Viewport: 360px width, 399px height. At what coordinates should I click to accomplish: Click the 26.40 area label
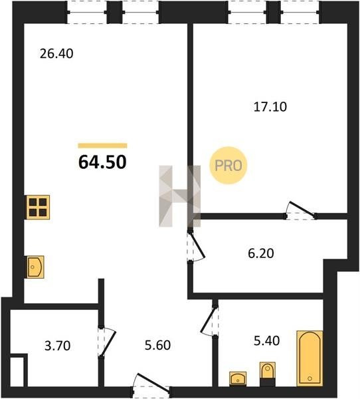[x=56, y=54]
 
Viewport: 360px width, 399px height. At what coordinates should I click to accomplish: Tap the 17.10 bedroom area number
[x=270, y=106]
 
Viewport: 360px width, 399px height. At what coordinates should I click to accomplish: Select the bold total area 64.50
[x=102, y=162]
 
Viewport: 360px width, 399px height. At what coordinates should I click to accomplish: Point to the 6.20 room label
[x=261, y=253]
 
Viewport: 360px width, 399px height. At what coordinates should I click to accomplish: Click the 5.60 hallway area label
[x=157, y=345]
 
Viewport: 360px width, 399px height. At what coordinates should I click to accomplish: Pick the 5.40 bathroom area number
[x=267, y=340]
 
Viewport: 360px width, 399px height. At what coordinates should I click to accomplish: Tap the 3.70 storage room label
[x=58, y=346]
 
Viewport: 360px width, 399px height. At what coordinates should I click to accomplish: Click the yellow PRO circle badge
[x=228, y=166]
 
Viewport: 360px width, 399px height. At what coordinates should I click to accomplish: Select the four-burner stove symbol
[x=38, y=207]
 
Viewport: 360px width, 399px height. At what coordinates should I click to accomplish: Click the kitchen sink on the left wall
[x=35, y=267]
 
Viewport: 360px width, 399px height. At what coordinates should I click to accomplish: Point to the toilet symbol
[x=268, y=374]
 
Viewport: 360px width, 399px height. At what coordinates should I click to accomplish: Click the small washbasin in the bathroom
[x=238, y=379]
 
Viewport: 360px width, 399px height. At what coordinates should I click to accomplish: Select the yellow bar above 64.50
[x=102, y=146]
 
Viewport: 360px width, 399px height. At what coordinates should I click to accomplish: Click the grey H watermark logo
[x=180, y=196]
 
